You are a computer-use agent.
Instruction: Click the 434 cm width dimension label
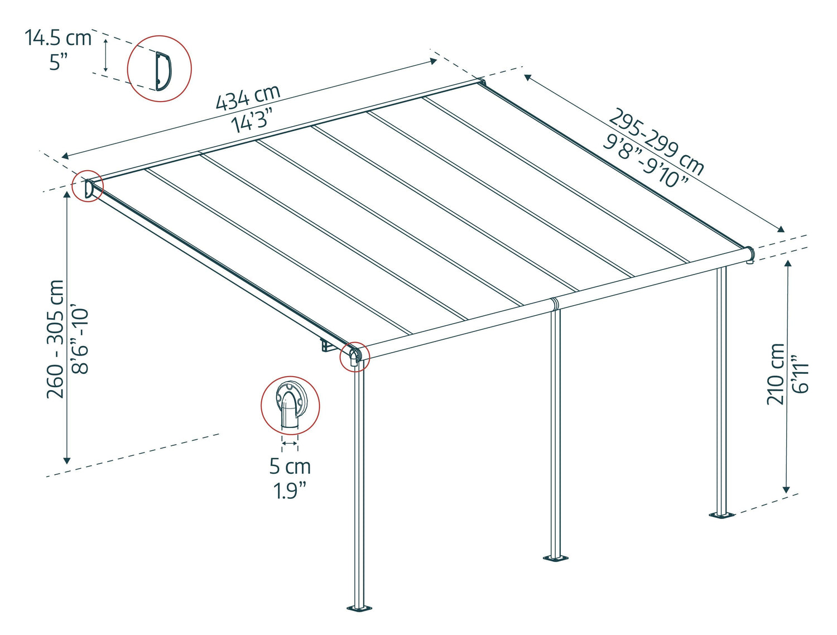pos(248,98)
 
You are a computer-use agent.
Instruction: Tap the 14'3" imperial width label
pos(253,119)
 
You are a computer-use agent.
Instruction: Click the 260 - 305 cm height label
pos(55,339)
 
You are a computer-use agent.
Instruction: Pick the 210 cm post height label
pos(775,373)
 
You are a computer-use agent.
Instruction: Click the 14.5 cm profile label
pos(57,38)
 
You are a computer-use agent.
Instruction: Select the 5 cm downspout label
pos(290,466)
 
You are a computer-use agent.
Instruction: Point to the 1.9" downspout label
pos(290,490)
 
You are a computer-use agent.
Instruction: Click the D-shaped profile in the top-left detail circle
pos(162,70)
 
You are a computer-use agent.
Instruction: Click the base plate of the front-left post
pos(359,607)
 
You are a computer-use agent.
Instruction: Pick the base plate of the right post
pos(721,514)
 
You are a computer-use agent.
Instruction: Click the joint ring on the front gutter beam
pos(554,304)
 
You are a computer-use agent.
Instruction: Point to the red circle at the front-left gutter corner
pos(355,356)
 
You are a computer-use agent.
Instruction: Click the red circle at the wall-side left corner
pos(88,186)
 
